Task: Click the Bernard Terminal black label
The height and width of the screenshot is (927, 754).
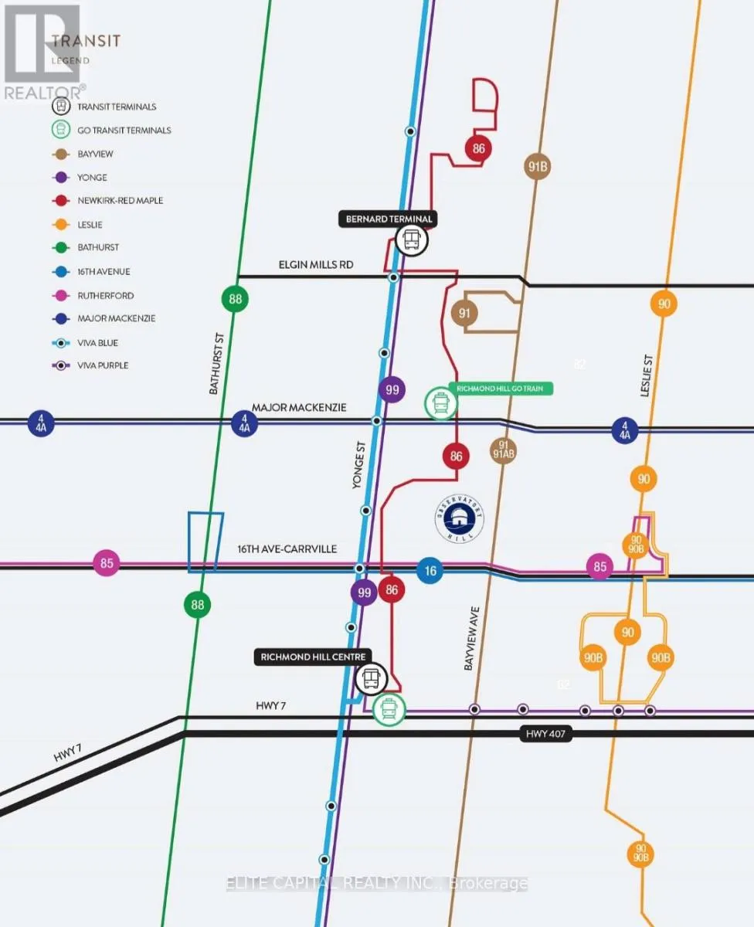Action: (388, 219)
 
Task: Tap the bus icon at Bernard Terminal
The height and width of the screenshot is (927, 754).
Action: (412, 240)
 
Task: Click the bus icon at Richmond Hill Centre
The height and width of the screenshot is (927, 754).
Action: (371, 679)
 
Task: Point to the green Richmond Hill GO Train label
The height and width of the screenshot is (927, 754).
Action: (501, 389)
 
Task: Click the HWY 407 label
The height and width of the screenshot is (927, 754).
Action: (545, 735)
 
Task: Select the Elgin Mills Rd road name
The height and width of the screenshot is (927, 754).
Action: (315, 265)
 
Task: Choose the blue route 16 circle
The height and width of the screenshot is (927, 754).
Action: (430, 571)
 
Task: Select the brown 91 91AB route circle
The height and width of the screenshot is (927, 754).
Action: (503, 450)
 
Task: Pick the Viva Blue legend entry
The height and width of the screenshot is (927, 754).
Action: (97, 342)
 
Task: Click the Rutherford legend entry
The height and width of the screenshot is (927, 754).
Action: (105, 295)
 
